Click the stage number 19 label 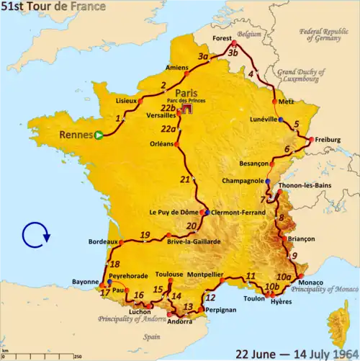(x=145, y=235)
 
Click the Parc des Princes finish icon (x=186, y=110)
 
